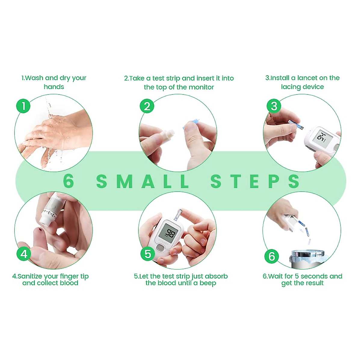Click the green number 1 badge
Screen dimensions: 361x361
23,106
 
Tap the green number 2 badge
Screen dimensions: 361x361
147,106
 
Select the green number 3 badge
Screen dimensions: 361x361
274,106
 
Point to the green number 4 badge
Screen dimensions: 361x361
24,254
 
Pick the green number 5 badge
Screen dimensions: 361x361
148,254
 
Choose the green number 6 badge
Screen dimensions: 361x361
271,256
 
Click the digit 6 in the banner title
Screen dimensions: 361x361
69,181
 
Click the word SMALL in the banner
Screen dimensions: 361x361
143,181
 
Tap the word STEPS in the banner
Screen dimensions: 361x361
255,181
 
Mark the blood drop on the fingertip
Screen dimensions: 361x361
40,230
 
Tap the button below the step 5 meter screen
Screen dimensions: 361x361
160,248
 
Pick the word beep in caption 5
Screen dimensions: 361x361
208,283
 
